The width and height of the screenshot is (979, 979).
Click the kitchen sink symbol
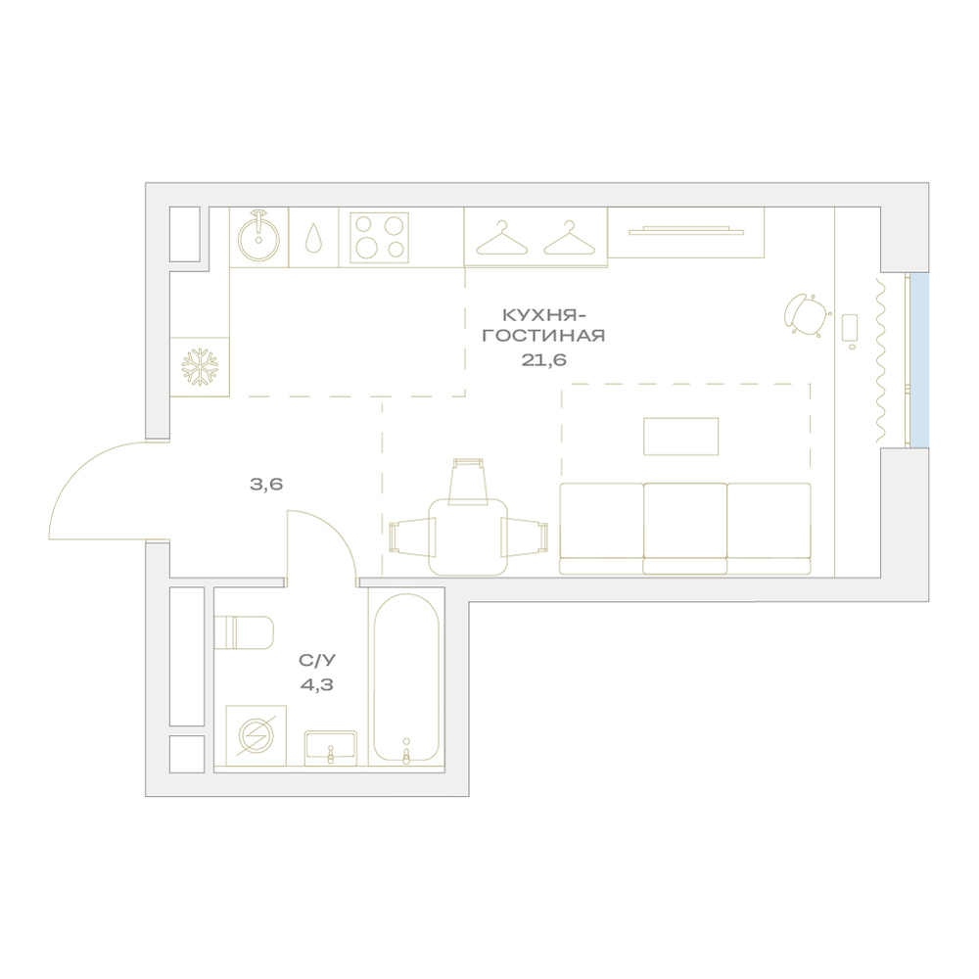click(x=258, y=238)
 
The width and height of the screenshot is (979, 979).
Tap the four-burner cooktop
click(x=379, y=238)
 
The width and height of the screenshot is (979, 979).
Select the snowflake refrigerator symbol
click(x=200, y=367)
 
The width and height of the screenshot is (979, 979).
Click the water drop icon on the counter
click(x=313, y=238)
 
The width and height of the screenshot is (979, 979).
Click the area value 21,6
click(x=543, y=360)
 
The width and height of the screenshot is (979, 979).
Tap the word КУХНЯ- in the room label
click(x=543, y=314)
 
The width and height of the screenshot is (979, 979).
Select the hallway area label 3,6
click(x=266, y=484)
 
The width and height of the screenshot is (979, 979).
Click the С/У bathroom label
click(x=317, y=660)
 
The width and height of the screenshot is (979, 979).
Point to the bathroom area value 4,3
click(x=317, y=685)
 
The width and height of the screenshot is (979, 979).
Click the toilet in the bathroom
click(x=244, y=632)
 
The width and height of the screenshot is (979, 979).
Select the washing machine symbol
click(x=256, y=735)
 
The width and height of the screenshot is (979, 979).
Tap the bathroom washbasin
click(x=330, y=748)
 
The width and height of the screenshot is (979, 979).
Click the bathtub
click(x=406, y=678)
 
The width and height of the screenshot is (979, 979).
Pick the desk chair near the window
click(x=807, y=315)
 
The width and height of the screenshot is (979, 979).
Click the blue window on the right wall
click(x=919, y=360)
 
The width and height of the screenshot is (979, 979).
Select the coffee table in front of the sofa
click(x=681, y=437)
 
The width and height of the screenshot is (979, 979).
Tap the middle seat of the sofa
click(x=685, y=529)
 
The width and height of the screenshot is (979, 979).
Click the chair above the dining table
click(x=468, y=481)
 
